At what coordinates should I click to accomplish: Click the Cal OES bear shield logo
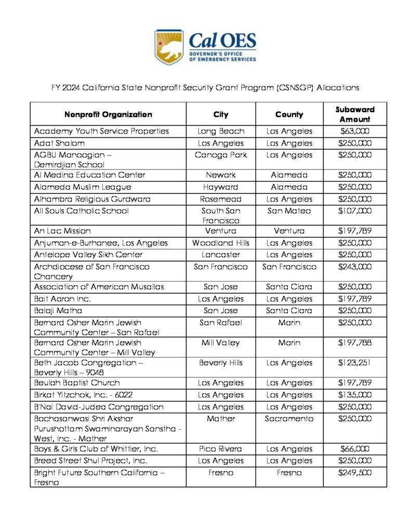click(169, 47)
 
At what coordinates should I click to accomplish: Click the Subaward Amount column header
click(355, 114)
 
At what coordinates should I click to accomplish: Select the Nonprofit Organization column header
click(108, 114)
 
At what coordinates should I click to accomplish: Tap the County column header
click(289, 114)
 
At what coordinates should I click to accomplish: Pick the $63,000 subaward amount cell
click(355, 131)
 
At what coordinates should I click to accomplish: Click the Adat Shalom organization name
click(59, 143)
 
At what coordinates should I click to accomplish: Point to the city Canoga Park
click(220, 155)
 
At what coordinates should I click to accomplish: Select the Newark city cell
click(220, 175)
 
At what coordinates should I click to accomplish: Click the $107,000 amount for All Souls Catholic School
click(355, 211)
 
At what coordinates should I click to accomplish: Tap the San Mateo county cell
click(289, 211)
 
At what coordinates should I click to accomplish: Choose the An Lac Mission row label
click(62, 231)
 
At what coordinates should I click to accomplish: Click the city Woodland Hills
click(220, 243)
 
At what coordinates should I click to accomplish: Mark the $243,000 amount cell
click(355, 267)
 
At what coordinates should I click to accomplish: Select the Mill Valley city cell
click(220, 343)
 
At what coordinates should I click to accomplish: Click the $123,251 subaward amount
click(355, 363)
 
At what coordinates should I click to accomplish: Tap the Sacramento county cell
click(289, 419)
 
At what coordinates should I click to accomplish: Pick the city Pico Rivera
click(220, 449)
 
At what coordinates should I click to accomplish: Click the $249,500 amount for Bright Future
click(355, 473)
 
